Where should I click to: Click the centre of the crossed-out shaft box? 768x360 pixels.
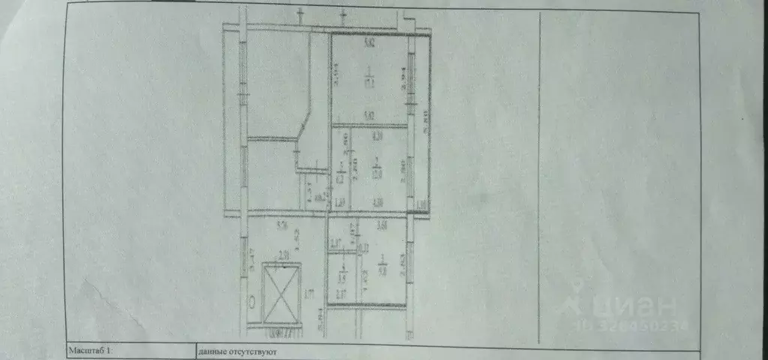[x=279, y=293]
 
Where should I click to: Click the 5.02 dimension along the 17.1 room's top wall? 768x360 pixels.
[x=369, y=43]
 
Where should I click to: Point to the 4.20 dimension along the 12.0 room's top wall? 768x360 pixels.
[x=377, y=136]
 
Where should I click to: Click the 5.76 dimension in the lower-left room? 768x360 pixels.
[x=282, y=223]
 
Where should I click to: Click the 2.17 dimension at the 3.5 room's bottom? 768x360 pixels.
[x=341, y=293]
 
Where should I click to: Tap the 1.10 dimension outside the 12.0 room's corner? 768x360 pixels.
[x=420, y=204]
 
